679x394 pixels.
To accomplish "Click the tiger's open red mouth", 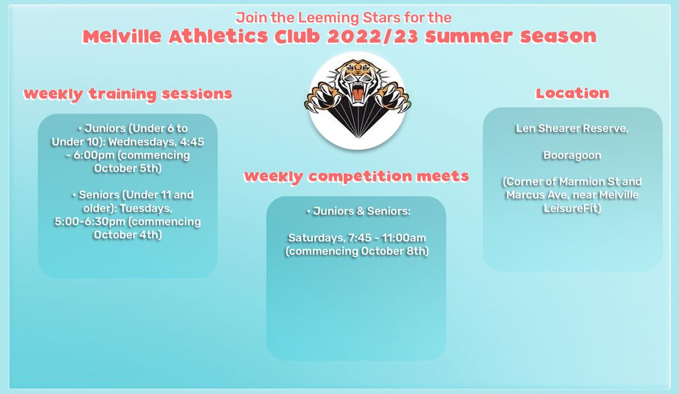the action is (x=358, y=92).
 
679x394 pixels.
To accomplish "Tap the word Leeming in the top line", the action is (x=329, y=18).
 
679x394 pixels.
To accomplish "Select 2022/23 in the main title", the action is (x=373, y=36).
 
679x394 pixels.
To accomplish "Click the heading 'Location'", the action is (x=572, y=93).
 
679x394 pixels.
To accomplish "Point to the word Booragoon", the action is (x=572, y=155).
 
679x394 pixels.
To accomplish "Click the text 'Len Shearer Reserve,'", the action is (x=572, y=129).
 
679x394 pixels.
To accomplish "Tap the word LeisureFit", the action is (x=570, y=208).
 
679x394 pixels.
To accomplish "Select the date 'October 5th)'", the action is (x=128, y=168).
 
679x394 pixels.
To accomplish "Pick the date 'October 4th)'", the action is (x=128, y=235).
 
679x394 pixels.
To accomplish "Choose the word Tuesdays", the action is (x=146, y=209).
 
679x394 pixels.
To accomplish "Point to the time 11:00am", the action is (x=404, y=238).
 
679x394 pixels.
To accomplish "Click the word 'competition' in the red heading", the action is (x=360, y=177).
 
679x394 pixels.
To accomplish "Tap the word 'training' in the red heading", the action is (x=122, y=94).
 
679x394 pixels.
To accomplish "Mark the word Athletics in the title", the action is (x=218, y=36).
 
